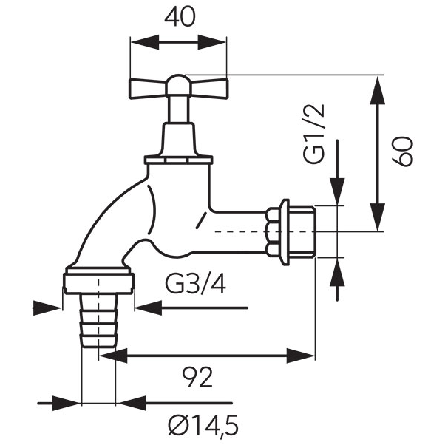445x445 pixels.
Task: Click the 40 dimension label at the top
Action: click(180, 18)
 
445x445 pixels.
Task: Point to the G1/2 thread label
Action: click(315, 133)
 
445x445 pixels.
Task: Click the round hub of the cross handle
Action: click(178, 84)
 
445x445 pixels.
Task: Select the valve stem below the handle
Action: click(178, 111)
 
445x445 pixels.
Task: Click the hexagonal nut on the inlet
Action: click(278, 231)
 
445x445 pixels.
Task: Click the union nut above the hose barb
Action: click(98, 282)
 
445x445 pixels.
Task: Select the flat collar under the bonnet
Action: click(178, 158)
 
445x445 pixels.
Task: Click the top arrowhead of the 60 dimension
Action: click(378, 85)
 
